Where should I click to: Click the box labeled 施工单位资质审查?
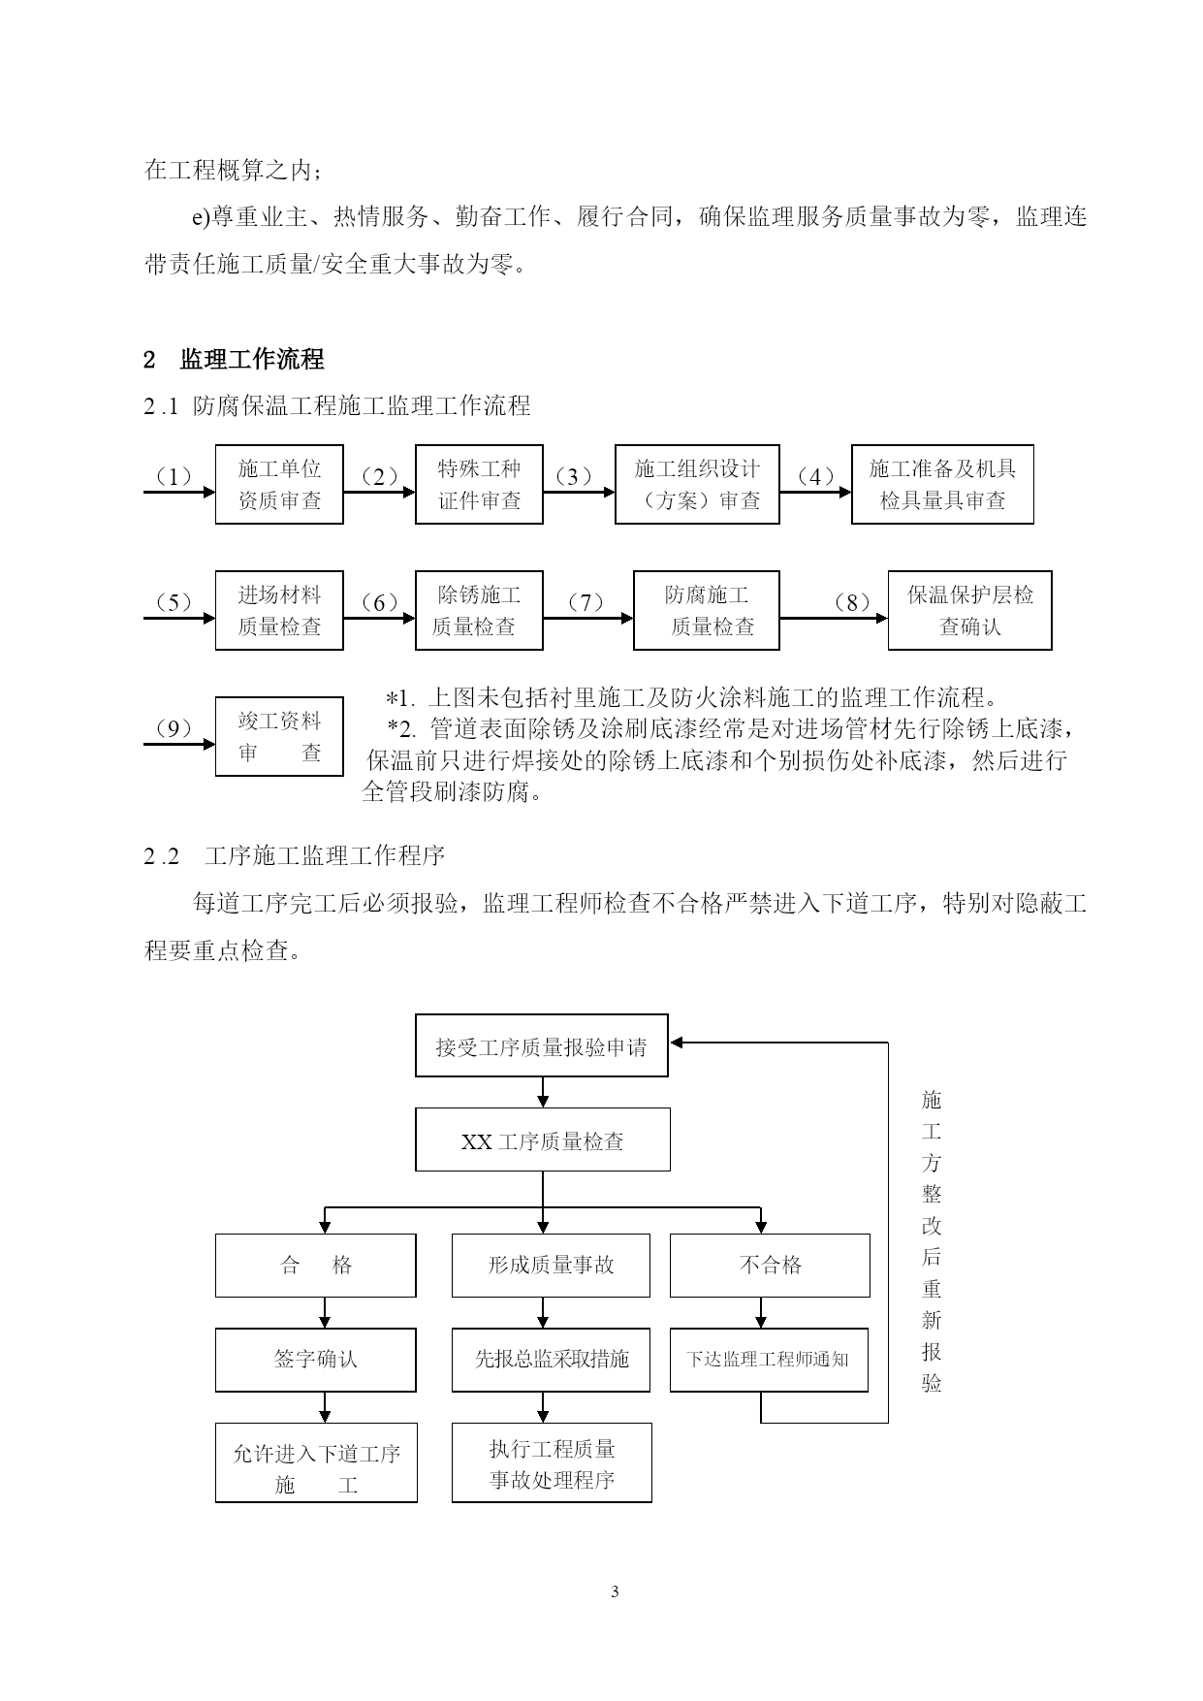click(279, 485)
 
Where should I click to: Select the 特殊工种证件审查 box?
click(479, 485)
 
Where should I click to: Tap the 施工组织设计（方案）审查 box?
click(697, 485)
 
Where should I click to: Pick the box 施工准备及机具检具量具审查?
click(942, 485)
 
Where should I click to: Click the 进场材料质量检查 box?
click(279, 611)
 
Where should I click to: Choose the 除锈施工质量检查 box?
click(479, 611)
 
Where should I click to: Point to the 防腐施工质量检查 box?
click(707, 611)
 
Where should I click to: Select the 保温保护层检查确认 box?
click(969, 611)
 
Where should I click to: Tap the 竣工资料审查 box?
click(279, 737)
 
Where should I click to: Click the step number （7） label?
click(586, 603)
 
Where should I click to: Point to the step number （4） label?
click(815, 477)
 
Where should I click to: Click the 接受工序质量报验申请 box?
click(542, 1045)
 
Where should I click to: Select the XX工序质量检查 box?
click(543, 1139)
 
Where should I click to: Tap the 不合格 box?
click(770, 1266)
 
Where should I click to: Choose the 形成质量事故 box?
click(551, 1266)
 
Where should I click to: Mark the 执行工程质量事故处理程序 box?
click(552, 1463)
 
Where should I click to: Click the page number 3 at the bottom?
click(615, 1591)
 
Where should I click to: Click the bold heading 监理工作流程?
click(252, 360)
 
